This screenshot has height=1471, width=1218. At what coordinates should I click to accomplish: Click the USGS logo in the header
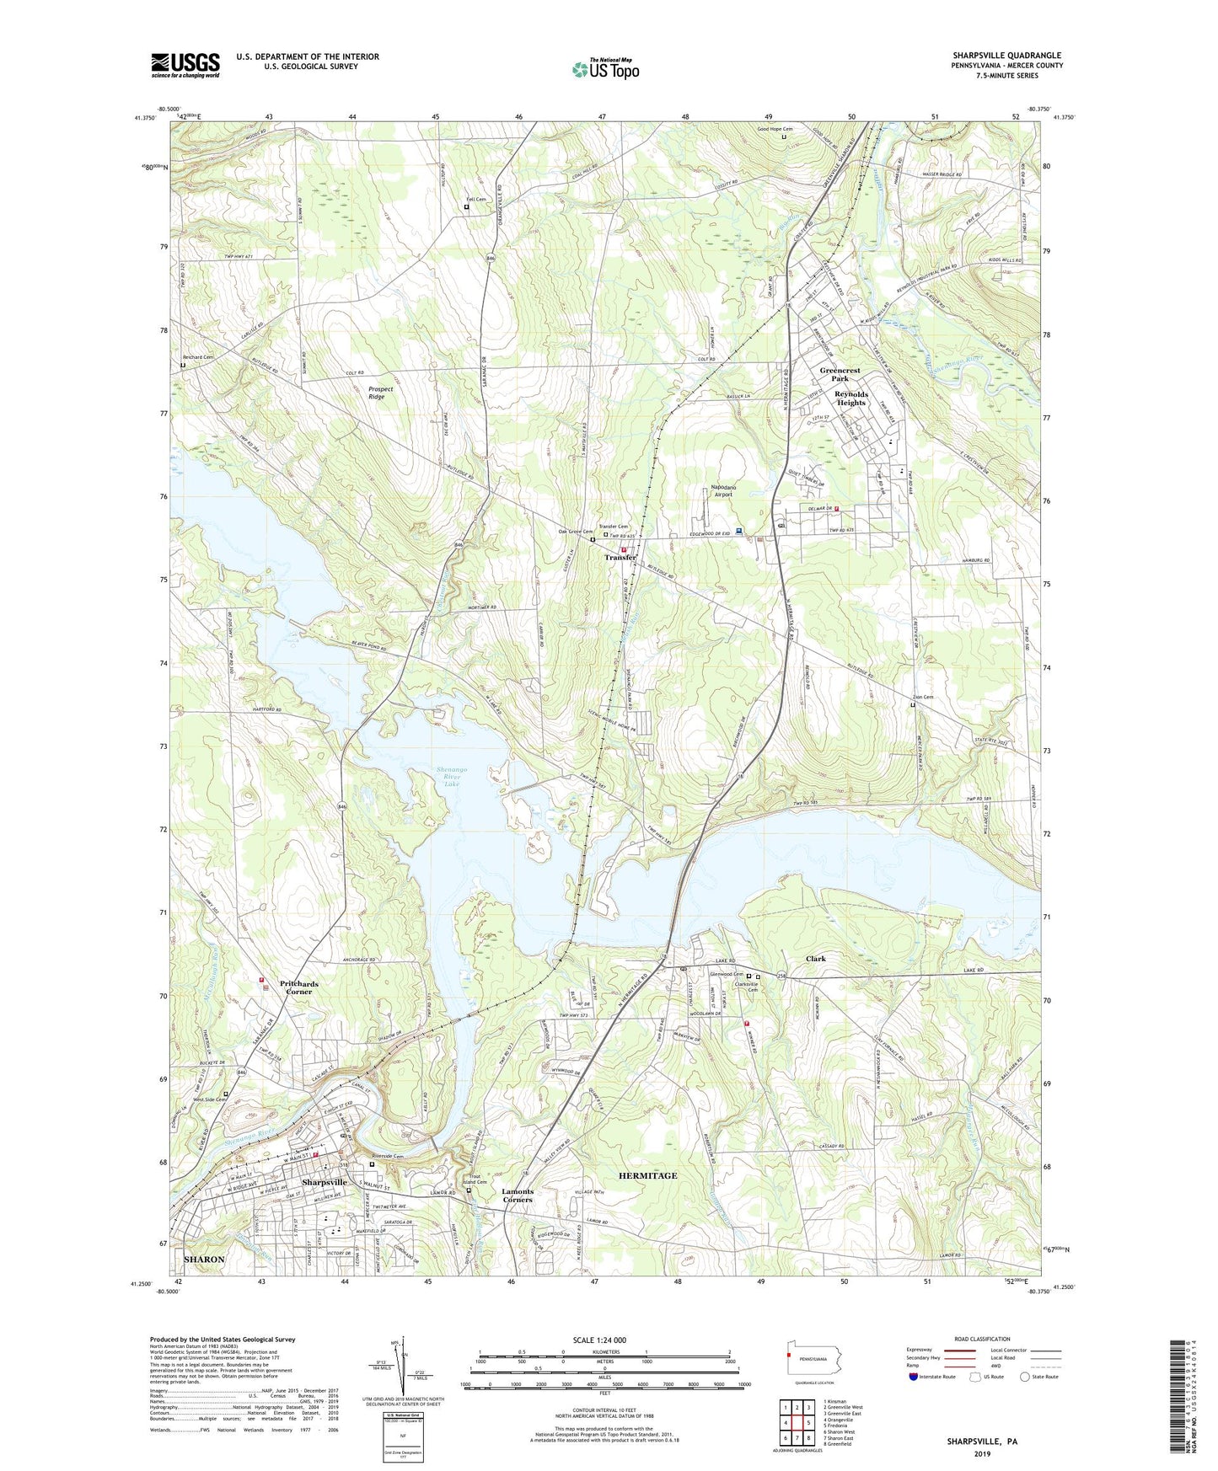[x=185, y=65]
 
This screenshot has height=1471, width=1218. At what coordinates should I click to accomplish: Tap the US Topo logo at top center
[x=605, y=69]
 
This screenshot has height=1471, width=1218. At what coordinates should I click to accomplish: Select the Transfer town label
[x=620, y=558]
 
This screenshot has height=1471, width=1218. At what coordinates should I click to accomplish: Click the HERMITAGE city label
[x=647, y=1175]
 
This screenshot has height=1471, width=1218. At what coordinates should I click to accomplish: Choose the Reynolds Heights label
[x=850, y=398]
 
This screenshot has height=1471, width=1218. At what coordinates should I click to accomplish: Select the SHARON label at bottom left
[x=204, y=1259]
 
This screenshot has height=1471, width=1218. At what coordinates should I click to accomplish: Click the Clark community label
[x=815, y=959]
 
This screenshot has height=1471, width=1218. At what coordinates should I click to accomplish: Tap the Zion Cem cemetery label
[x=923, y=697]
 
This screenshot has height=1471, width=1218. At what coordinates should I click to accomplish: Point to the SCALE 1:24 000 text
[x=598, y=1340]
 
